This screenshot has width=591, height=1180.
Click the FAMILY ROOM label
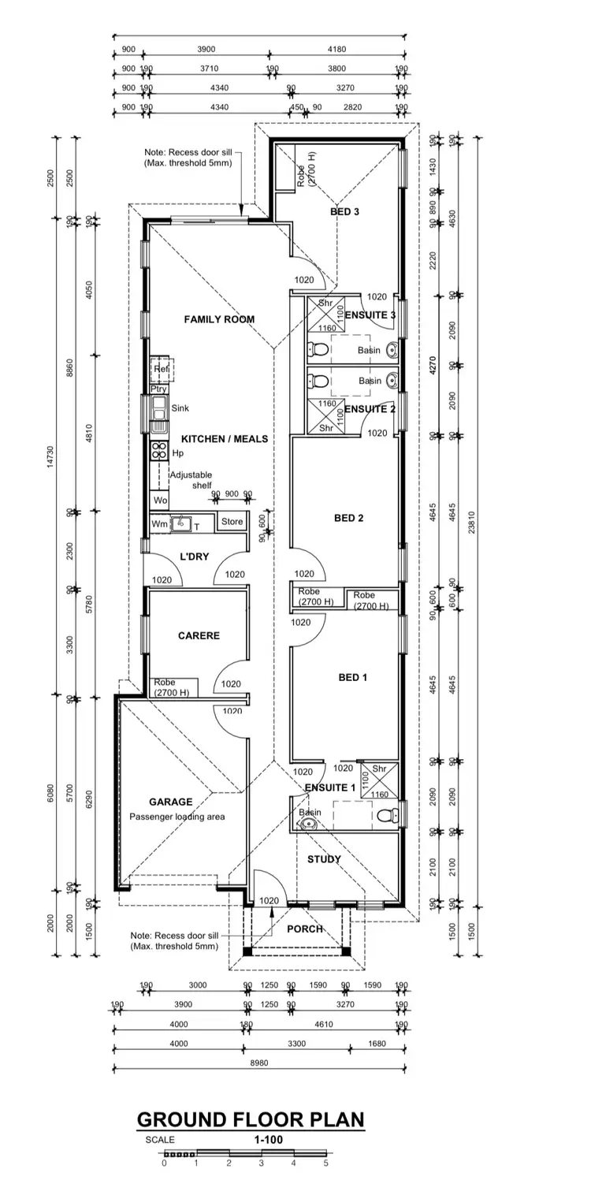[219, 319]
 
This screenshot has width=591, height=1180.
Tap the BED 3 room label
[344, 212]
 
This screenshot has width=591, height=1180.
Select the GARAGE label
[170, 802]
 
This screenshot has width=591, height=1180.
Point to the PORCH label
[304, 929]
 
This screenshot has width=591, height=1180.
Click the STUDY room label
[324, 859]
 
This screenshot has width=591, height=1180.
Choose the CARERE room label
[199, 635]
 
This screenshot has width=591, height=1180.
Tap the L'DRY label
[194, 556]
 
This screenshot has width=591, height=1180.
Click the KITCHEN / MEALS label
[225, 438]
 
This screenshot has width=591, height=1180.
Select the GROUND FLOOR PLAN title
[251, 1119]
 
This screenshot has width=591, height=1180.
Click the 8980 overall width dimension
[259, 1062]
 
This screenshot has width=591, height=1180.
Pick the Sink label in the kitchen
[180, 408]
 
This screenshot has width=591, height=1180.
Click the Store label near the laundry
[232, 521]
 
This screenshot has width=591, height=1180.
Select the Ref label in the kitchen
[162, 368]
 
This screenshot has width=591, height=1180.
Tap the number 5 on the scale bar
[325, 1162]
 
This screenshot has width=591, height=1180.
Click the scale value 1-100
[269, 1139]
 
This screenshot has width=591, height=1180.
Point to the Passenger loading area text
[177, 817]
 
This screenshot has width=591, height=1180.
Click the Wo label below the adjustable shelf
[160, 501]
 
